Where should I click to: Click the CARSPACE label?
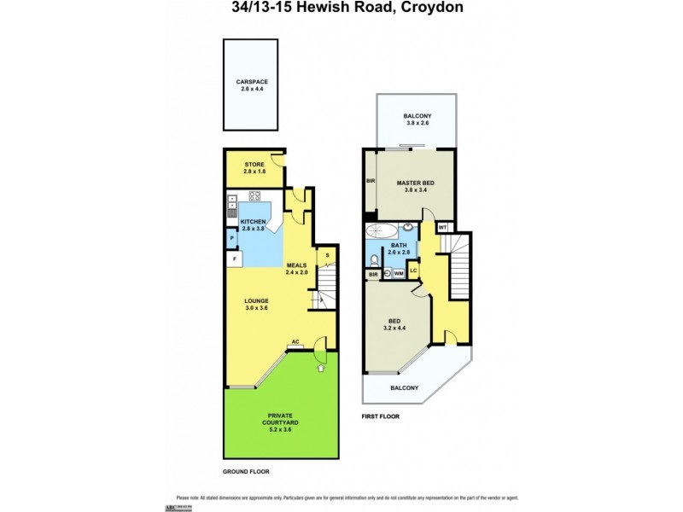252,82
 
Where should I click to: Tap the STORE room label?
254,164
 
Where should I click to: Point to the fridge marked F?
232,258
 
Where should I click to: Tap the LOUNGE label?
256,300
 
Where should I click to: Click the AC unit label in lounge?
295,342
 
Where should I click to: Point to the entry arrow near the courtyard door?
321,369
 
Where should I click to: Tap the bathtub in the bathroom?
381,230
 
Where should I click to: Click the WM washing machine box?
398,273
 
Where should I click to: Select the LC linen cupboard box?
413,271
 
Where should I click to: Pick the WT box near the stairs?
442,228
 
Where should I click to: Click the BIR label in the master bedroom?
371,181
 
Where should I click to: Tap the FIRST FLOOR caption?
381,416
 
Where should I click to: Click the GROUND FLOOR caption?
247,471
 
